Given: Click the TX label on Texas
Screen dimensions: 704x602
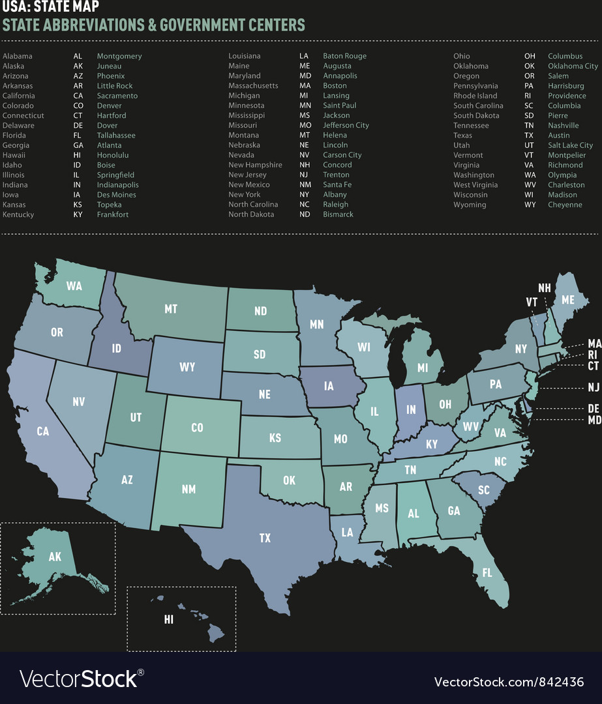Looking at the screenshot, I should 265,538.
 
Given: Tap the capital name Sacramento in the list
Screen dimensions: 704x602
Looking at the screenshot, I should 117,96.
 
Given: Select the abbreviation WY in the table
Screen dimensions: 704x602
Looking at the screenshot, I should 530,205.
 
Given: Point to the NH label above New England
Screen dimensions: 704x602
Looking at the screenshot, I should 545,287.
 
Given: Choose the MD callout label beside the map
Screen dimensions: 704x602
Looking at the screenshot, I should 594,420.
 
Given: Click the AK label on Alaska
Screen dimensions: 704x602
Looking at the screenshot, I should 55,557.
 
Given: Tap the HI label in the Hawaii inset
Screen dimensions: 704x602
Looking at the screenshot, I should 169,620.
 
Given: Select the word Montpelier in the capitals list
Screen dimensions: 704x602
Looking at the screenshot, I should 567,155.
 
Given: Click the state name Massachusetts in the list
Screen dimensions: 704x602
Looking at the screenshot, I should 253,86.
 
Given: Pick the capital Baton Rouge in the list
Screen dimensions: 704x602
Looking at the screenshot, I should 344,56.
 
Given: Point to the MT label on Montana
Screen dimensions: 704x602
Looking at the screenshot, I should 171,309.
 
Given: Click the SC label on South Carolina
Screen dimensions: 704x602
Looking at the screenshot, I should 483,490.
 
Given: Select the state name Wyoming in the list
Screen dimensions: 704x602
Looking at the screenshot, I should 470,205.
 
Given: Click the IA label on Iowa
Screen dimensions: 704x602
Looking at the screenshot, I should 329,386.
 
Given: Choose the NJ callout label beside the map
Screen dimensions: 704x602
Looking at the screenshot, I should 594,387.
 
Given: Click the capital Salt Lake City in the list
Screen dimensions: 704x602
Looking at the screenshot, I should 570,145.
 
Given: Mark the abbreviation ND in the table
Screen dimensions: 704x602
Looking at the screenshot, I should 305,214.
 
